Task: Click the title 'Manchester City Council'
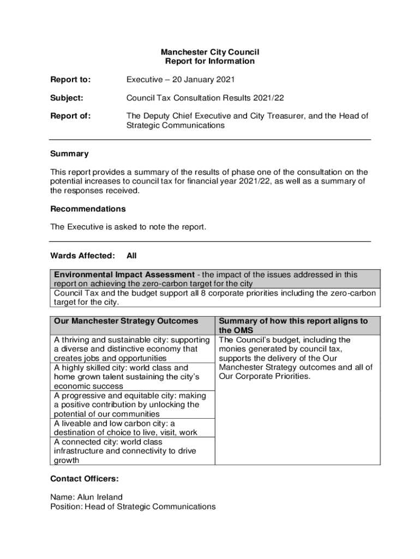[x=209, y=52]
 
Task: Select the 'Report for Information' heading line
[x=209, y=61]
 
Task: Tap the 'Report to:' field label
[x=70, y=80]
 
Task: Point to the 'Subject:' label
[x=67, y=98]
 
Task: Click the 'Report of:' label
[x=70, y=116]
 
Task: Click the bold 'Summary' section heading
[x=69, y=154]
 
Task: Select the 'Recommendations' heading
[x=88, y=209]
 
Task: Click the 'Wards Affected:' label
[x=82, y=255]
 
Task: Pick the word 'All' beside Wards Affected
[x=131, y=255]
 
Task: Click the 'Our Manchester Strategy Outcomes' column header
[x=126, y=321]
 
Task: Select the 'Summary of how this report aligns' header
[x=293, y=321]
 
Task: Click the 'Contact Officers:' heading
[x=84, y=479]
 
